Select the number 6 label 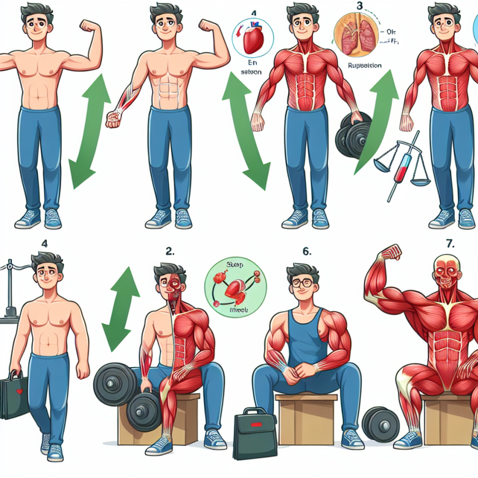tap(306, 251)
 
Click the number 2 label tap(170, 251)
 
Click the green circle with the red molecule tap(235, 287)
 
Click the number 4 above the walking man tap(44, 242)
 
